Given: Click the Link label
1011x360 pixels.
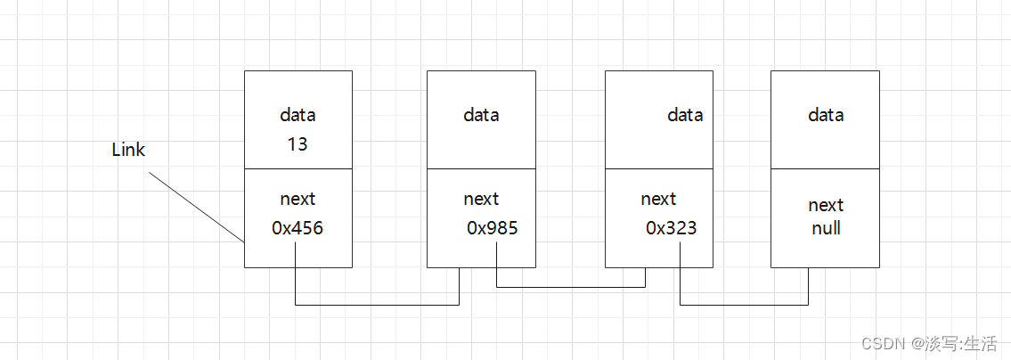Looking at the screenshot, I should [128, 150].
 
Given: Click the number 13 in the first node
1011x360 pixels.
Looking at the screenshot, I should [298, 143].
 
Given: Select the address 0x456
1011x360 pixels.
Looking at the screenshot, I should [298, 228].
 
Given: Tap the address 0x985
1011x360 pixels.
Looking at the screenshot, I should [493, 228].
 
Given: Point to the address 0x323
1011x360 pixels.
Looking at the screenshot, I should [672, 228].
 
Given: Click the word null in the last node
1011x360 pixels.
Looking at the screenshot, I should [826, 228].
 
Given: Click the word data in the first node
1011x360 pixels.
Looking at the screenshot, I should [298, 115].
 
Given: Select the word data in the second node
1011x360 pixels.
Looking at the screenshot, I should [481, 115].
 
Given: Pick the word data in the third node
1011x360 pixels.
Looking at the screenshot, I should [685, 115].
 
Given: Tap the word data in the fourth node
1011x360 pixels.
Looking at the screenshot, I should [826, 115].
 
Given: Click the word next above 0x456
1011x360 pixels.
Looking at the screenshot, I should [298, 199].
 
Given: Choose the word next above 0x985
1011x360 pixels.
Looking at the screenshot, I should [481, 199].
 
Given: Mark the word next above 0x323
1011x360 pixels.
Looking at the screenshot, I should [658, 199].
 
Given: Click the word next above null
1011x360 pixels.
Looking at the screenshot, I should [826, 205].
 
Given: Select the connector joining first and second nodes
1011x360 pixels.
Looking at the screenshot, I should [377, 305].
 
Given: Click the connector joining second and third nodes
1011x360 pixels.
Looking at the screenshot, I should [570, 287].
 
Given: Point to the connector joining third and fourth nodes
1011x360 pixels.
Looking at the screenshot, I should [744, 305].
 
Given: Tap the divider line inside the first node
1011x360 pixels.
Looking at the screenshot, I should [298, 168].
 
